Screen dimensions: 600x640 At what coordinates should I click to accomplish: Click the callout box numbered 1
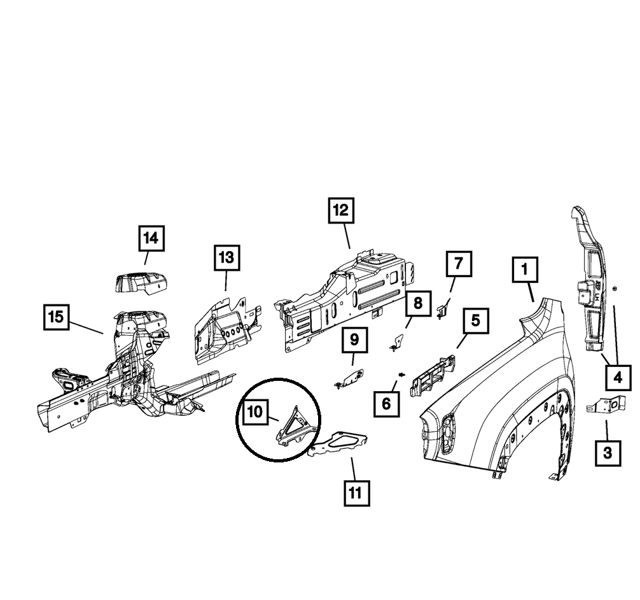click(x=525, y=270)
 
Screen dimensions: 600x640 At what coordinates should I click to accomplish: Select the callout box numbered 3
click(x=608, y=453)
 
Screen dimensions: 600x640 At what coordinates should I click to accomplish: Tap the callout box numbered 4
click(x=617, y=378)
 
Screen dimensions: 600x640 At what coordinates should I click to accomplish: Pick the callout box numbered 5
click(x=475, y=322)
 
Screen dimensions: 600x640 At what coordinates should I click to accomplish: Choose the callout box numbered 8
click(x=417, y=303)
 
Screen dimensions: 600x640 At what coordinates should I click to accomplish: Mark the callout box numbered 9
click(x=355, y=339)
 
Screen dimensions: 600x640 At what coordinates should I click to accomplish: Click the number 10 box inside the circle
click(x=254, y=412)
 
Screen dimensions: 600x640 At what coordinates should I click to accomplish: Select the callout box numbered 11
click(x=356, y=492)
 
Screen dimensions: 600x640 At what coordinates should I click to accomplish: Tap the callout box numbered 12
click(x=341, y=210)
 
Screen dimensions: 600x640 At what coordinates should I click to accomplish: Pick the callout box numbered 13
click(x=226, y=258)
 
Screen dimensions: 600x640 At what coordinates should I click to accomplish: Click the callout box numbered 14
click(x=150, y=239)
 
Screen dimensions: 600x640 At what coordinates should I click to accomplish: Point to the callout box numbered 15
click(x=57, y=317)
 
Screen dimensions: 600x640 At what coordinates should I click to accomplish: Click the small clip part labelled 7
click(x=443, y=310)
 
